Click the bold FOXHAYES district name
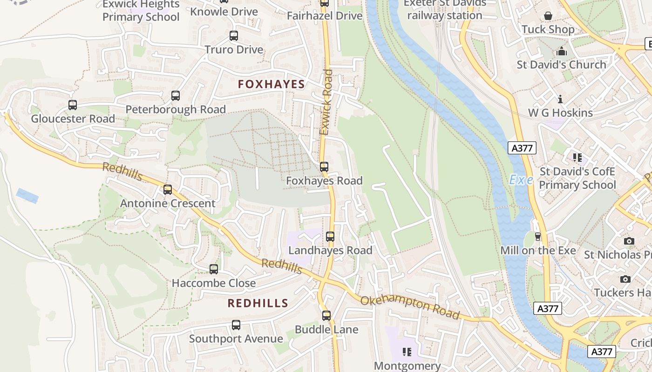271,84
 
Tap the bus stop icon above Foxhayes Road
324,166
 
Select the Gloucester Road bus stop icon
73,105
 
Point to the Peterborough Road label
176,110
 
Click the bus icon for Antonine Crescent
168,190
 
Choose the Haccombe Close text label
214,283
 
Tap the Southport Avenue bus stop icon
236,325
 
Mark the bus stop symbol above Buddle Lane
326,316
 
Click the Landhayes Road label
330,251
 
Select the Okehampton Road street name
410,307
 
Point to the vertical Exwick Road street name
327,102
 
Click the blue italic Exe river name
521,180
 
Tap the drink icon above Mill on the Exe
538,237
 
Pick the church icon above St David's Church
562,51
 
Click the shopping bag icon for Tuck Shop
548,16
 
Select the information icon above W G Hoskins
560,99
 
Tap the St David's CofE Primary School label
577,178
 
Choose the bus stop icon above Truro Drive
234,36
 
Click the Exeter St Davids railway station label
445,9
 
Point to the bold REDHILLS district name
258,303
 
